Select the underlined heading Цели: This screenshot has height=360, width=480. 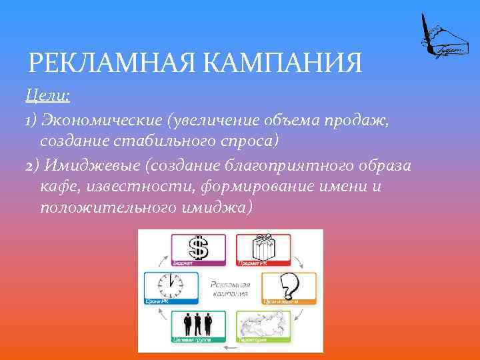(x=47, y=97)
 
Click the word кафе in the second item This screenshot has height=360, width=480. (x=59, y=186)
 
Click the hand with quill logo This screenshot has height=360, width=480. (x=439, y=36)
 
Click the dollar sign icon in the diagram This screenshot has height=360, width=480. (x=198, y=247)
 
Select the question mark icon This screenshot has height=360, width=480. (x=288, y=286)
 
